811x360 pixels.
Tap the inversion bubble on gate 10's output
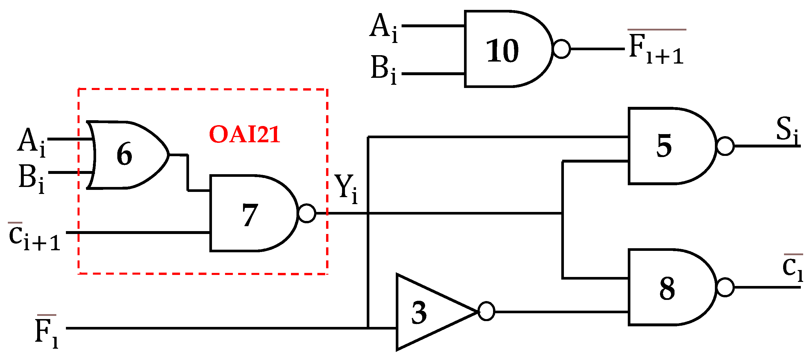562,49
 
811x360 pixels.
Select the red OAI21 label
244,134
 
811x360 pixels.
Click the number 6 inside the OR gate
124,154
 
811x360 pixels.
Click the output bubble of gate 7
307,213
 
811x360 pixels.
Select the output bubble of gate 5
725,146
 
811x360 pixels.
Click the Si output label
787,130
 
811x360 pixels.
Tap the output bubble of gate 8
725,287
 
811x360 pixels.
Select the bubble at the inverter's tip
486,311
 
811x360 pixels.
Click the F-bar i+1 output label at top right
657,48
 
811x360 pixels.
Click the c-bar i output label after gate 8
792,267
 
